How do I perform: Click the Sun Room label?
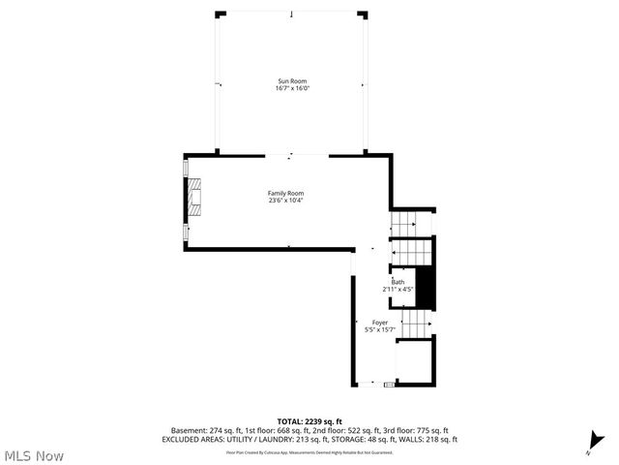pos(292,81)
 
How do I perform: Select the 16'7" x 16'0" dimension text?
pos(292,89)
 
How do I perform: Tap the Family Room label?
pos(285,194)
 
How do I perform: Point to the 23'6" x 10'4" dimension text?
pos(285,201)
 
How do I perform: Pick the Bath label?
pos(398,282)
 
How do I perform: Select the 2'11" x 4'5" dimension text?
pos(398,289)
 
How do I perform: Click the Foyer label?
pos(380,323)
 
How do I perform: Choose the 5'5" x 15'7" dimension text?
pos(380,329)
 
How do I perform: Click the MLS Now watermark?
pos(34,455)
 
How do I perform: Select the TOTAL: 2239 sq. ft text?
pos(309,421)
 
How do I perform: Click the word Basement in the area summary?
pos(188,430)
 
